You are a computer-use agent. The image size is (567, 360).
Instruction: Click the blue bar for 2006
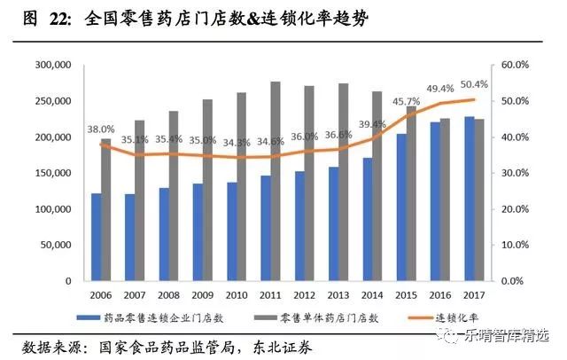(x=96, y=237)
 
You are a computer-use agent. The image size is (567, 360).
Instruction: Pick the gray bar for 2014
(x=377, y=186)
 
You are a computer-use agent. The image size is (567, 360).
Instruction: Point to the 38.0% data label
(x=100, y=129)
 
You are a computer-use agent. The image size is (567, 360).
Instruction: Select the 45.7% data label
(x=407, y=100)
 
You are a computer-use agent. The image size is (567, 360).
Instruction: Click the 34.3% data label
(x=236, y=142)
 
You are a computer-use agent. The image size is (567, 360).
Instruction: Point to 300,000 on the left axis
(x=50, y=66)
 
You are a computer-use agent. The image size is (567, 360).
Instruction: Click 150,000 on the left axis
(x=50, y=173)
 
